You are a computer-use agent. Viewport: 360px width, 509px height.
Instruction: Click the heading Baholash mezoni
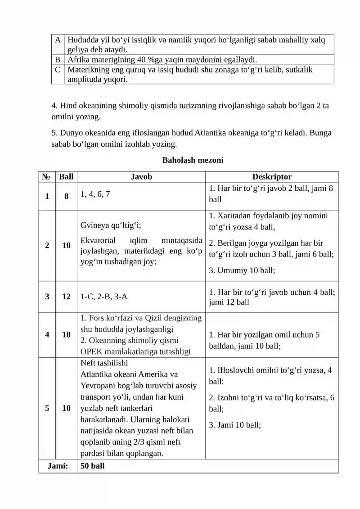[193, 160]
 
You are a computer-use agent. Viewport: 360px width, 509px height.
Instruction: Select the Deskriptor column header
[272, 177]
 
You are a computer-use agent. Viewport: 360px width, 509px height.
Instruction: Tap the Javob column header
[141, 177]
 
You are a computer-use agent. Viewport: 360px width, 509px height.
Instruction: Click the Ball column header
[66, 177]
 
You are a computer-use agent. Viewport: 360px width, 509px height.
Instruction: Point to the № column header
[47, 177]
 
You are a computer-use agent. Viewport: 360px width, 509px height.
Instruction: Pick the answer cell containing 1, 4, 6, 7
[95, 194]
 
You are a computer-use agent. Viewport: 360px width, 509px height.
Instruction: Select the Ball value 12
[66, 297]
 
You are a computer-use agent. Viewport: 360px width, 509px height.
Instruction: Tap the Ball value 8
[66, 197]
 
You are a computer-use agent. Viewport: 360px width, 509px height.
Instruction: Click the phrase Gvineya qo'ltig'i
[113, 225]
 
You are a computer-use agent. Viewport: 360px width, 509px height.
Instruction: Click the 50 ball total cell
[92, 466]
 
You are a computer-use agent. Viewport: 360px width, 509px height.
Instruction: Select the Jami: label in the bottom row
[58, 466]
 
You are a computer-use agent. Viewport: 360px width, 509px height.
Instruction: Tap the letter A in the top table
[58, 39]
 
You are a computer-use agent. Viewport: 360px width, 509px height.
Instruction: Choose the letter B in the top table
[58, 59]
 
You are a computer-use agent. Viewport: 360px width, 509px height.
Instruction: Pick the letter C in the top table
[58, 70]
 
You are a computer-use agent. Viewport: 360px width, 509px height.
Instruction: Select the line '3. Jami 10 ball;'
[235, 424]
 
